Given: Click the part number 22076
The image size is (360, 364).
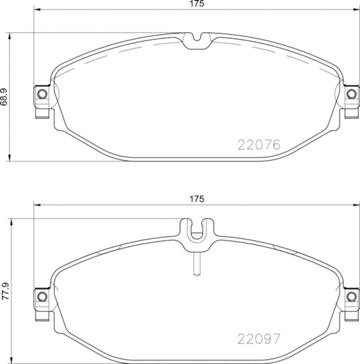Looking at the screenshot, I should coord(259,145).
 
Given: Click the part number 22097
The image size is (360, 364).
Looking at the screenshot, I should coord(259,339).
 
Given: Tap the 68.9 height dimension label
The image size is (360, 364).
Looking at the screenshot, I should coord(4,97).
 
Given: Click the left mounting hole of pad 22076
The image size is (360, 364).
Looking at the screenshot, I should coord(42,94).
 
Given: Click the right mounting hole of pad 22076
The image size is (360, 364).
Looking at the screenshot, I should coord(351,94).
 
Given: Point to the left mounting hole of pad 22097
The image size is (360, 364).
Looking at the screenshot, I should coord(42,297).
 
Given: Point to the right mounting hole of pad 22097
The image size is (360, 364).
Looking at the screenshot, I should coord(351,297).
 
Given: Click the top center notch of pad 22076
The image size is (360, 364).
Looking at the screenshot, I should coord(197,41).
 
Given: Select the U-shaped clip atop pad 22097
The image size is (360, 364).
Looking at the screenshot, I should coord(197,231).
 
